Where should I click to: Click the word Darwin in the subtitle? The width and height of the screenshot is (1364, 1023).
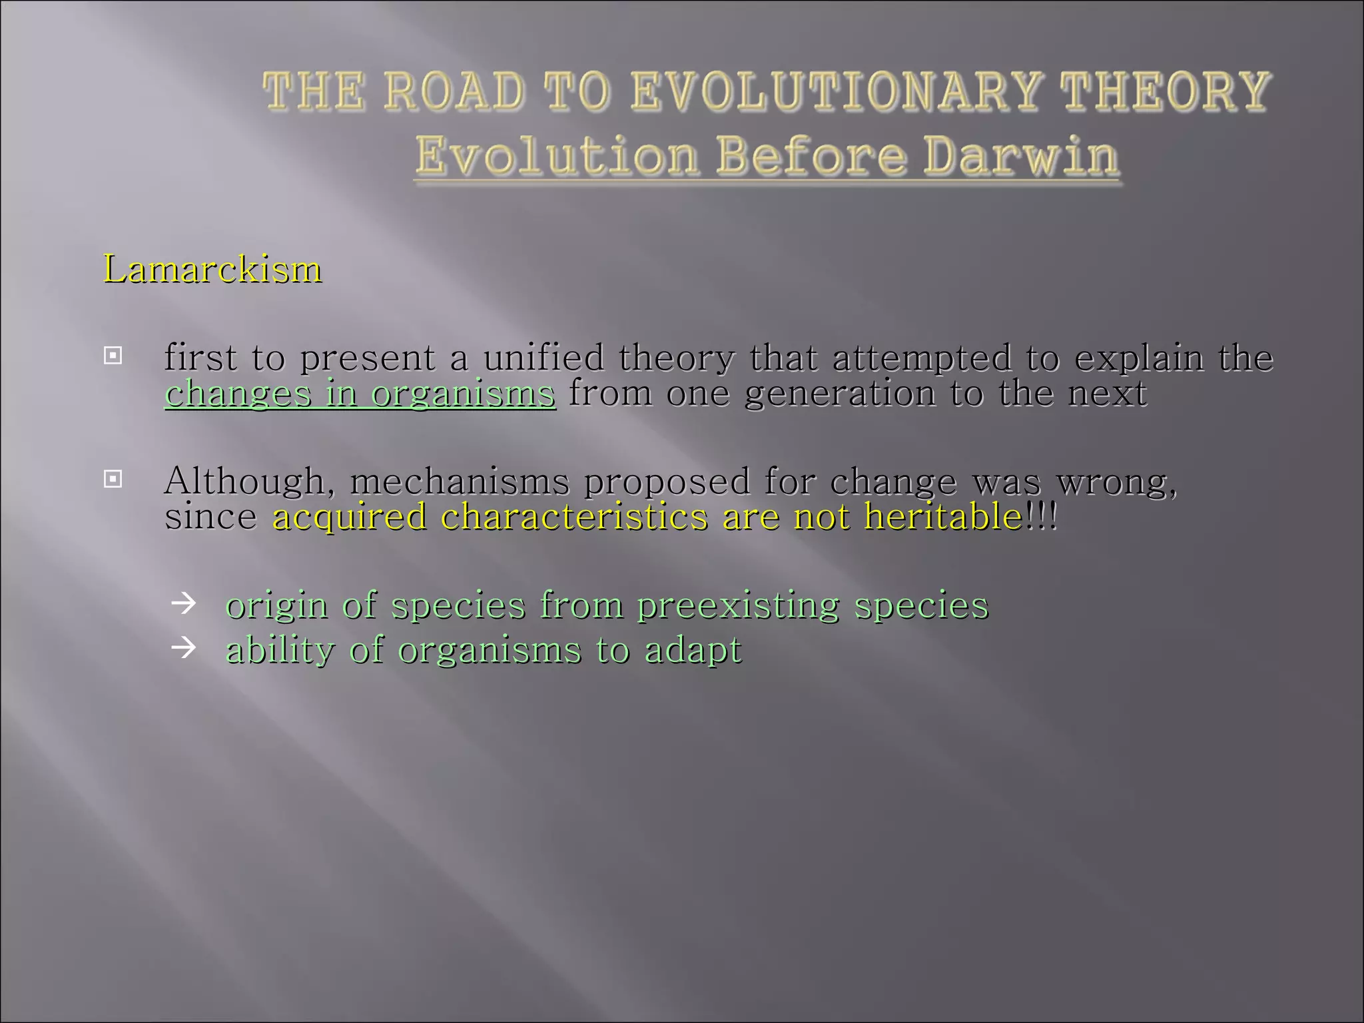click(1020, 157)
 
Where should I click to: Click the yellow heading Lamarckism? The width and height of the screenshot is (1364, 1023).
click(212, 270)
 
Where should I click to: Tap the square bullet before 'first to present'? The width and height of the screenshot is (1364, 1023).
click(113, 356)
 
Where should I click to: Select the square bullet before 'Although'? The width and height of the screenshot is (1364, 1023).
click(113, 479)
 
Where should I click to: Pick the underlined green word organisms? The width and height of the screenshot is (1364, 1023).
click(463, 394)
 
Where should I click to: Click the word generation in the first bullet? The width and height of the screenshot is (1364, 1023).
click(839, 394)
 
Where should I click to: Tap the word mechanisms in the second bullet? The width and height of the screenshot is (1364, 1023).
click(460, 482)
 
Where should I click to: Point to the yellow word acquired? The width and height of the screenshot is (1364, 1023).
click(349, 517)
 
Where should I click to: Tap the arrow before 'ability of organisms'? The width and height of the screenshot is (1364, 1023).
click(183, 647)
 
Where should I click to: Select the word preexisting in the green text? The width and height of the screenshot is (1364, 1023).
click(738, 606)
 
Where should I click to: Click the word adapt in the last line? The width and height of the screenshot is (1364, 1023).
click(693, 651)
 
